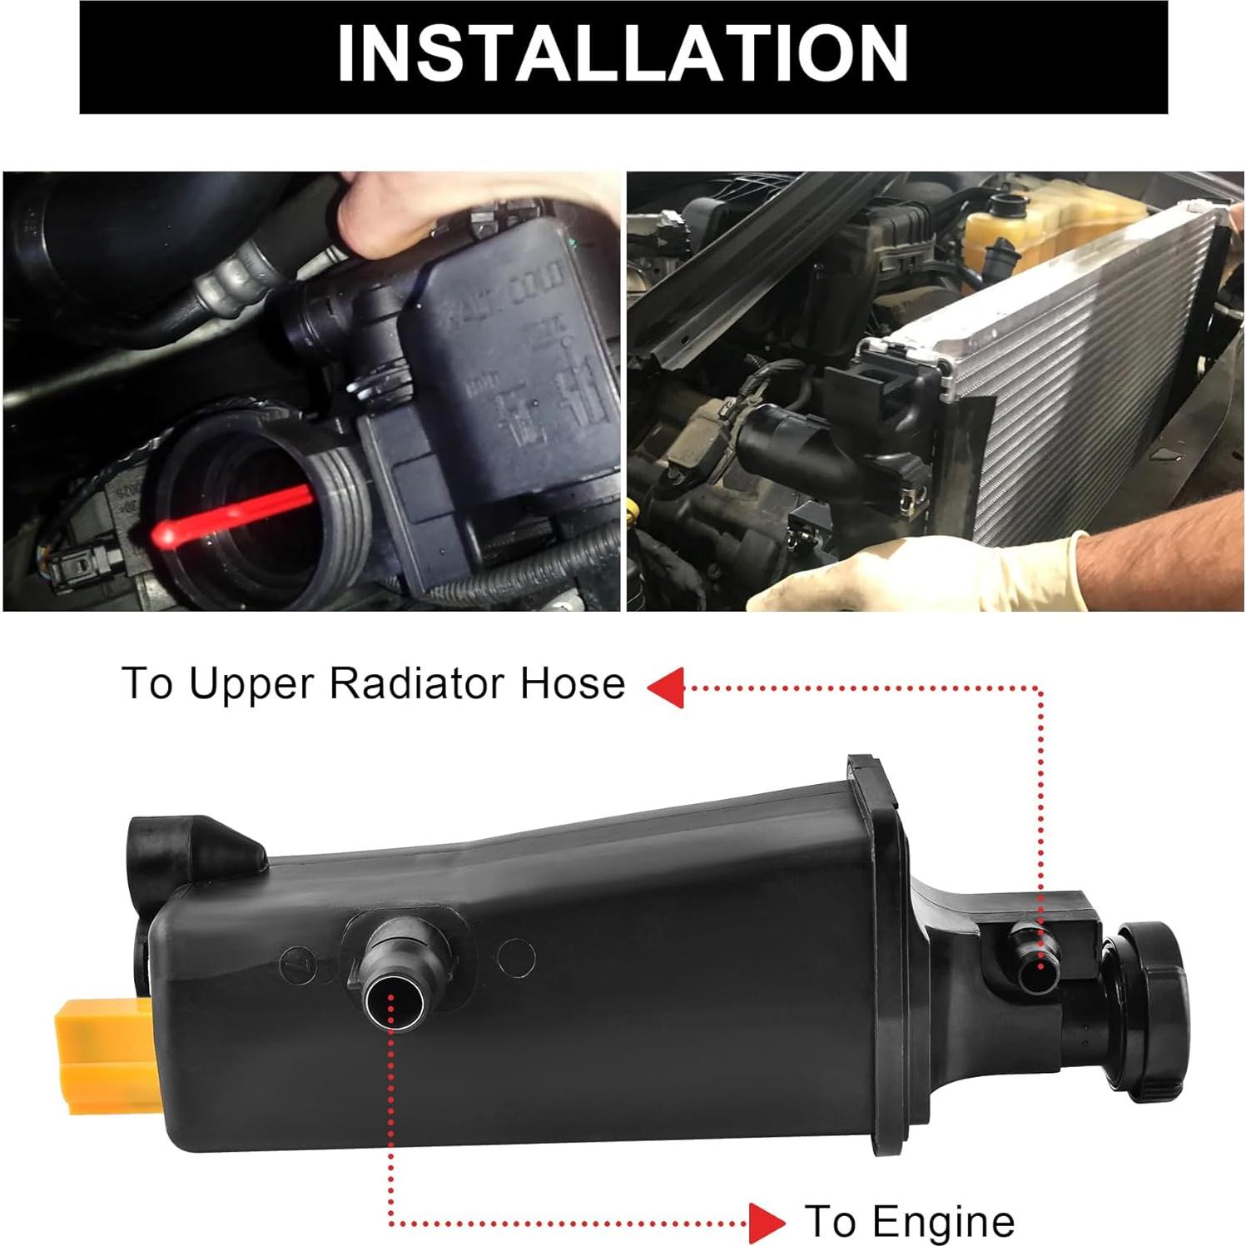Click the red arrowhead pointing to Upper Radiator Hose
[x=666, y=688]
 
